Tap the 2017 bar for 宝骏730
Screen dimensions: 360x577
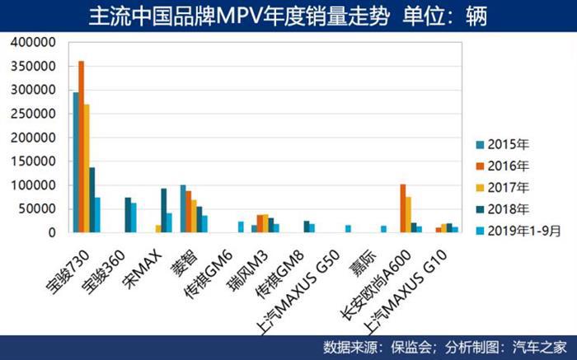[x=87, y=168]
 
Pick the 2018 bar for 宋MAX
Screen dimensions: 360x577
[x=163, y=210]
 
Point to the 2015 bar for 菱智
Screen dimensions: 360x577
[x=183, y=208]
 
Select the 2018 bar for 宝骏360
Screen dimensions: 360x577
[x=128, y=215]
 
